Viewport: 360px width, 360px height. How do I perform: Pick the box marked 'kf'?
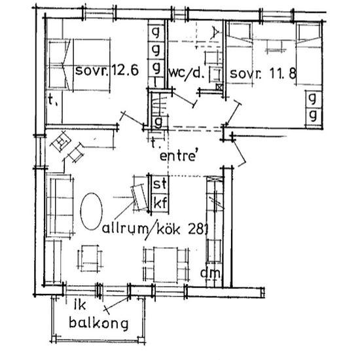159,202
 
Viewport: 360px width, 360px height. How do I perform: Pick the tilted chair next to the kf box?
139,196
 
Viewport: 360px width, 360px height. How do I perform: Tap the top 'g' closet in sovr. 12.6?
157,32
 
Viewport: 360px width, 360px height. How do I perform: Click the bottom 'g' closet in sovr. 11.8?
313,115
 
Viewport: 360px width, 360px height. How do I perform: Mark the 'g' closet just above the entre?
158,122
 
